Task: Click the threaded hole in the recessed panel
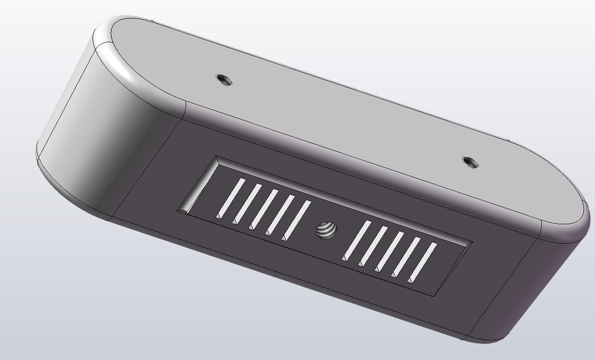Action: tap(326, 230)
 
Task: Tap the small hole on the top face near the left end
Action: tap(225, 80)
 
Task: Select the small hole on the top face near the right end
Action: tap(470, 163)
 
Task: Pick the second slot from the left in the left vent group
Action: tap(247, 203)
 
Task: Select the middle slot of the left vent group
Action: tap(264, 209)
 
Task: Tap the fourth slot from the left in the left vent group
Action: tap(281, 215)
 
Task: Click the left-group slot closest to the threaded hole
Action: tap(297, 220)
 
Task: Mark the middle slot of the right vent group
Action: tap(390, 251)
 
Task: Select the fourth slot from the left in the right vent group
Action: tap(407, 257)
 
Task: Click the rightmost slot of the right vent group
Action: tap(423, 262)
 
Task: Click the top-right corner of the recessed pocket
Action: tap(472, 242)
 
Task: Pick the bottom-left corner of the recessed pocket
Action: tap(178, 212)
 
